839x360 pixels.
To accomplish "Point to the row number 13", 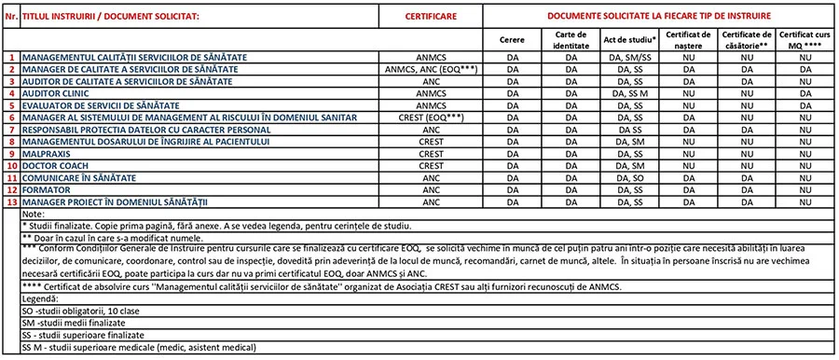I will [x=12, y=201].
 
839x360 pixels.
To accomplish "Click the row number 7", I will [x=12, y=130].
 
